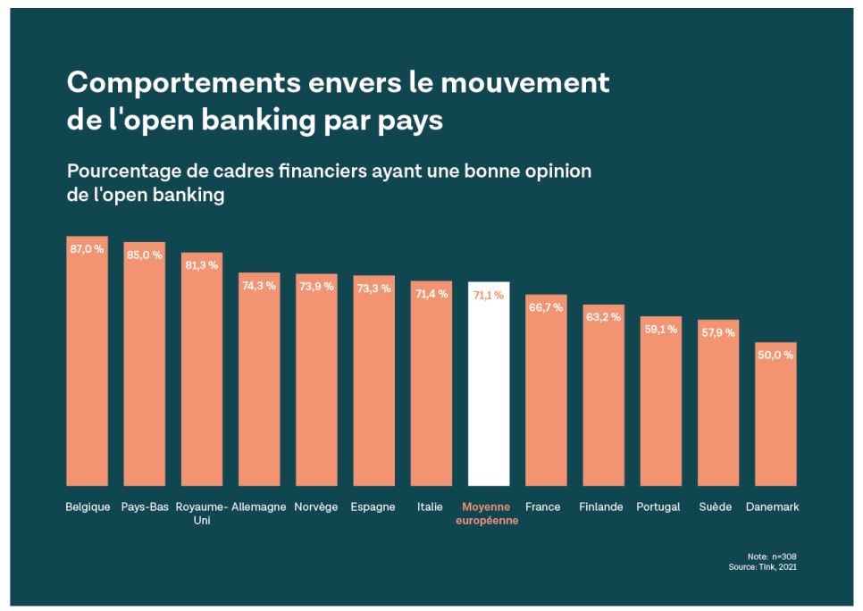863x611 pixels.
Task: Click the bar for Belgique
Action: tap(87, 366)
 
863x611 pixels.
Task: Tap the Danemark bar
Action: tap(775, 415)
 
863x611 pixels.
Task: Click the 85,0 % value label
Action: tap(145, 255)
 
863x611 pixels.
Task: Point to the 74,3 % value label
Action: tap(259, 286)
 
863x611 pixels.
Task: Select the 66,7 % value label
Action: tap(546, 307)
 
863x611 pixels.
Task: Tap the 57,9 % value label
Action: tap(717, 332)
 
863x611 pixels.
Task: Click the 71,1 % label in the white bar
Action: tap(489, 295)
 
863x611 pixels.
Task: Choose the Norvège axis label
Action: tap(316, 506)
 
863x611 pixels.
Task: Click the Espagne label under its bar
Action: tap(373, 506)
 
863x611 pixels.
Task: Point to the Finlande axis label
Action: tap(601, 506)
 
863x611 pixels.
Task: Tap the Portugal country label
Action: tap(658, 506)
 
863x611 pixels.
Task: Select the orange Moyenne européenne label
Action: tap(488, 514)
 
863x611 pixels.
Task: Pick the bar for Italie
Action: tap(431, 384)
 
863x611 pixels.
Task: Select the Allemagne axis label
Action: tap(259, 506)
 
